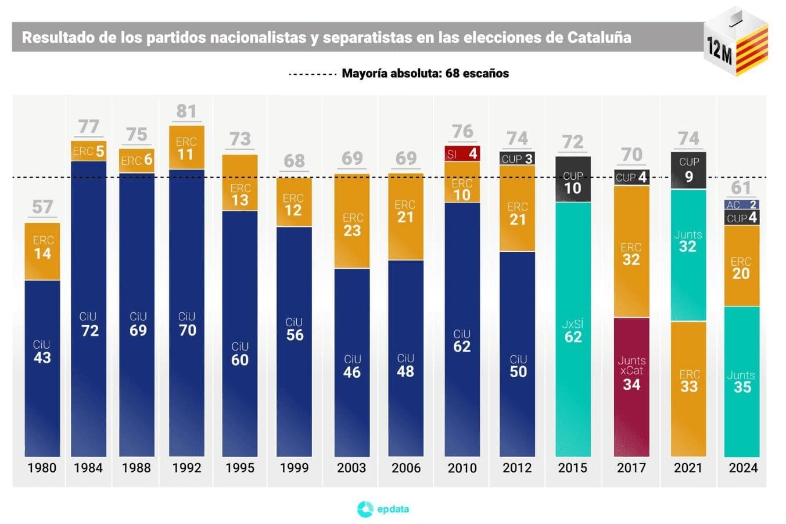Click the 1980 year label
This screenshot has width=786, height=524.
click(x=42, y=468)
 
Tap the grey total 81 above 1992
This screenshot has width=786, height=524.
click(x=186, y=111)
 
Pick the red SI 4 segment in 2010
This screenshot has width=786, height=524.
click(x=462, y=154)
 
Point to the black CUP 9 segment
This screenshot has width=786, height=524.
click(x=688, y=170)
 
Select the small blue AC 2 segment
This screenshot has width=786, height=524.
click(x=742, y=205)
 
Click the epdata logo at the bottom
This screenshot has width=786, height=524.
click(x=383, y=509)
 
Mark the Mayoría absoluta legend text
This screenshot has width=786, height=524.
click(x=425, y=74)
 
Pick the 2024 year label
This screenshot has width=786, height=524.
click(x=743, y=468)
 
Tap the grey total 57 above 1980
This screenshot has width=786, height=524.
click(x=42, y=207)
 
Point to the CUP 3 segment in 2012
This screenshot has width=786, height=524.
click(x=517, y=159)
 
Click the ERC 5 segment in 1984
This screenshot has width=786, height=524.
click(x=89, y=151)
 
